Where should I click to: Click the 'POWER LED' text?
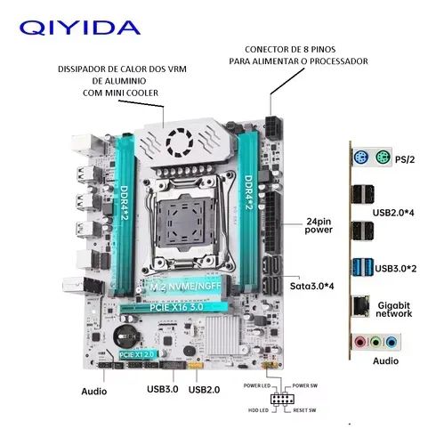259,385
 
